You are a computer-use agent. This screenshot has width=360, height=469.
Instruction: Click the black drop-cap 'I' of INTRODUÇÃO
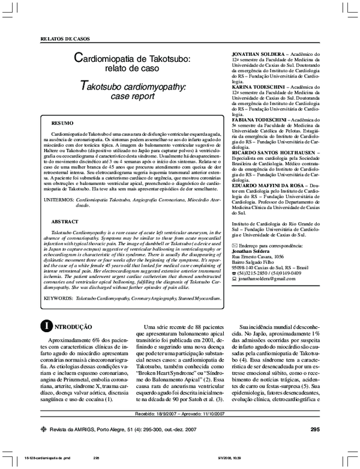pyautogui.click(x=44, y=327)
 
